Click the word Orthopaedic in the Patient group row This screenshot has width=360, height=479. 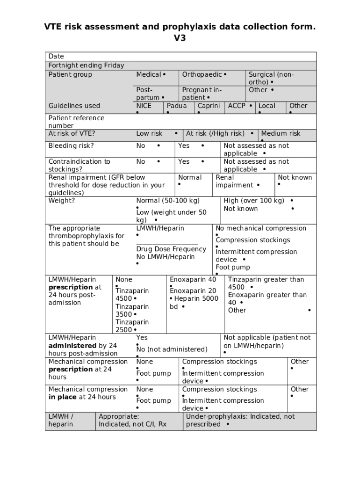(202, 74)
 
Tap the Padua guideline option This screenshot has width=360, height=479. (177, 106)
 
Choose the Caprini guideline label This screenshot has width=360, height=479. (209, 106)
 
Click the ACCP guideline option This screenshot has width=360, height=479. (237, 106)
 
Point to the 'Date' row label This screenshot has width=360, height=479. (56, 56)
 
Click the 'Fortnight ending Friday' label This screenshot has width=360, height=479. (86, 65)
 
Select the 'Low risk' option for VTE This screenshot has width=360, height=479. (149, 133)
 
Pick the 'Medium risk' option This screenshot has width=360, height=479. (281, 133)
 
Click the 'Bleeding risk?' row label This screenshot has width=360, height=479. (71, 146)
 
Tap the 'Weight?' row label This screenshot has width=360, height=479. (61, 201)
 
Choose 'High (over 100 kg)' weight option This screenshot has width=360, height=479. (254, 201)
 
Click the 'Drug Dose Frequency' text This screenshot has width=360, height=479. (171, 249)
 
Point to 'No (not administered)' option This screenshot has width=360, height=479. (172, 349)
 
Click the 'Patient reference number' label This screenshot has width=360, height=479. (76, 122)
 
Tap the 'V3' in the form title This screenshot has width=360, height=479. (180, 38)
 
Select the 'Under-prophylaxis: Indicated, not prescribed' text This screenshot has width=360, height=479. (240, 420)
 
